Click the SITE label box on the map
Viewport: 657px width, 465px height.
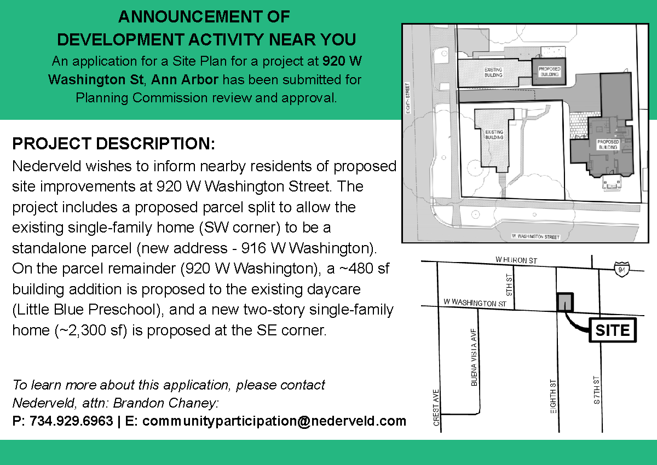tap(613, 330)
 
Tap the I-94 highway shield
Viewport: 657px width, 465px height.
tap(621, 269)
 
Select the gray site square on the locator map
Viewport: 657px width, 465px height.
tap(565, 302)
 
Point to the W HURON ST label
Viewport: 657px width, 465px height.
tap(516, 260)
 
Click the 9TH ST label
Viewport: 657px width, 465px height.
tap(509, 285)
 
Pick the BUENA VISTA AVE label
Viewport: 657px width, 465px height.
tap(474, 357)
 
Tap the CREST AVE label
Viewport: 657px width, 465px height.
tap(436, 408)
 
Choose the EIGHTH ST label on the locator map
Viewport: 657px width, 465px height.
tap(553, 397)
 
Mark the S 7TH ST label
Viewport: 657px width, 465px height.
tap(597, 390)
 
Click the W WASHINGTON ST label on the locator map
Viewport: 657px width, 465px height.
tap(475, 303)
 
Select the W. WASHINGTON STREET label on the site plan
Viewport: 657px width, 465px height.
tap(535, 236)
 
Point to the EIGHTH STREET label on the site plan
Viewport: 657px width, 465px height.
tap(408, 98)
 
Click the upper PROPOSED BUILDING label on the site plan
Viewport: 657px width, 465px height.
tap(549, 72)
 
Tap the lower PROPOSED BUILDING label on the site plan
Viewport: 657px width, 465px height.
tap(608, 144)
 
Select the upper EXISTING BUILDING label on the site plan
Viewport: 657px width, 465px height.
tap(493, 72)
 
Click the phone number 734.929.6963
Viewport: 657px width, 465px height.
tap(71, 421)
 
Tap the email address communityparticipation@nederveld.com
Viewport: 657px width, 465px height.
tap(274, 421)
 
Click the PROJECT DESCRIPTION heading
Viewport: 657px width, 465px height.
tap(114, 143)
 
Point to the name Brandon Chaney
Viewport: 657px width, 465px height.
tap(166, 403)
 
